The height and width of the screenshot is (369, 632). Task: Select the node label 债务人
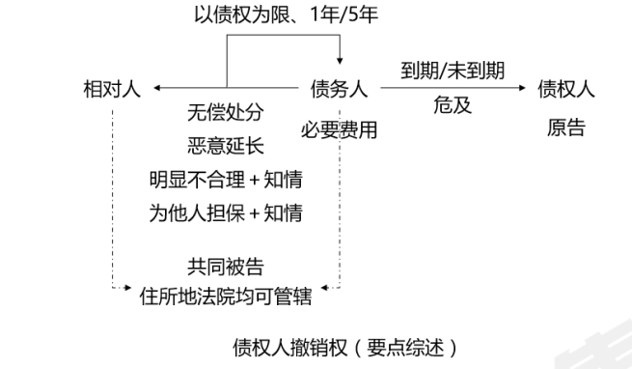tap(338, 90)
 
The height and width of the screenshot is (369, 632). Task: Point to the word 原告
tap(565, 127)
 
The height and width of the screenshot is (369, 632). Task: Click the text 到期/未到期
tap(452, 71)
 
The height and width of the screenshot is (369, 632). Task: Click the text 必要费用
tap(338, 127)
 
